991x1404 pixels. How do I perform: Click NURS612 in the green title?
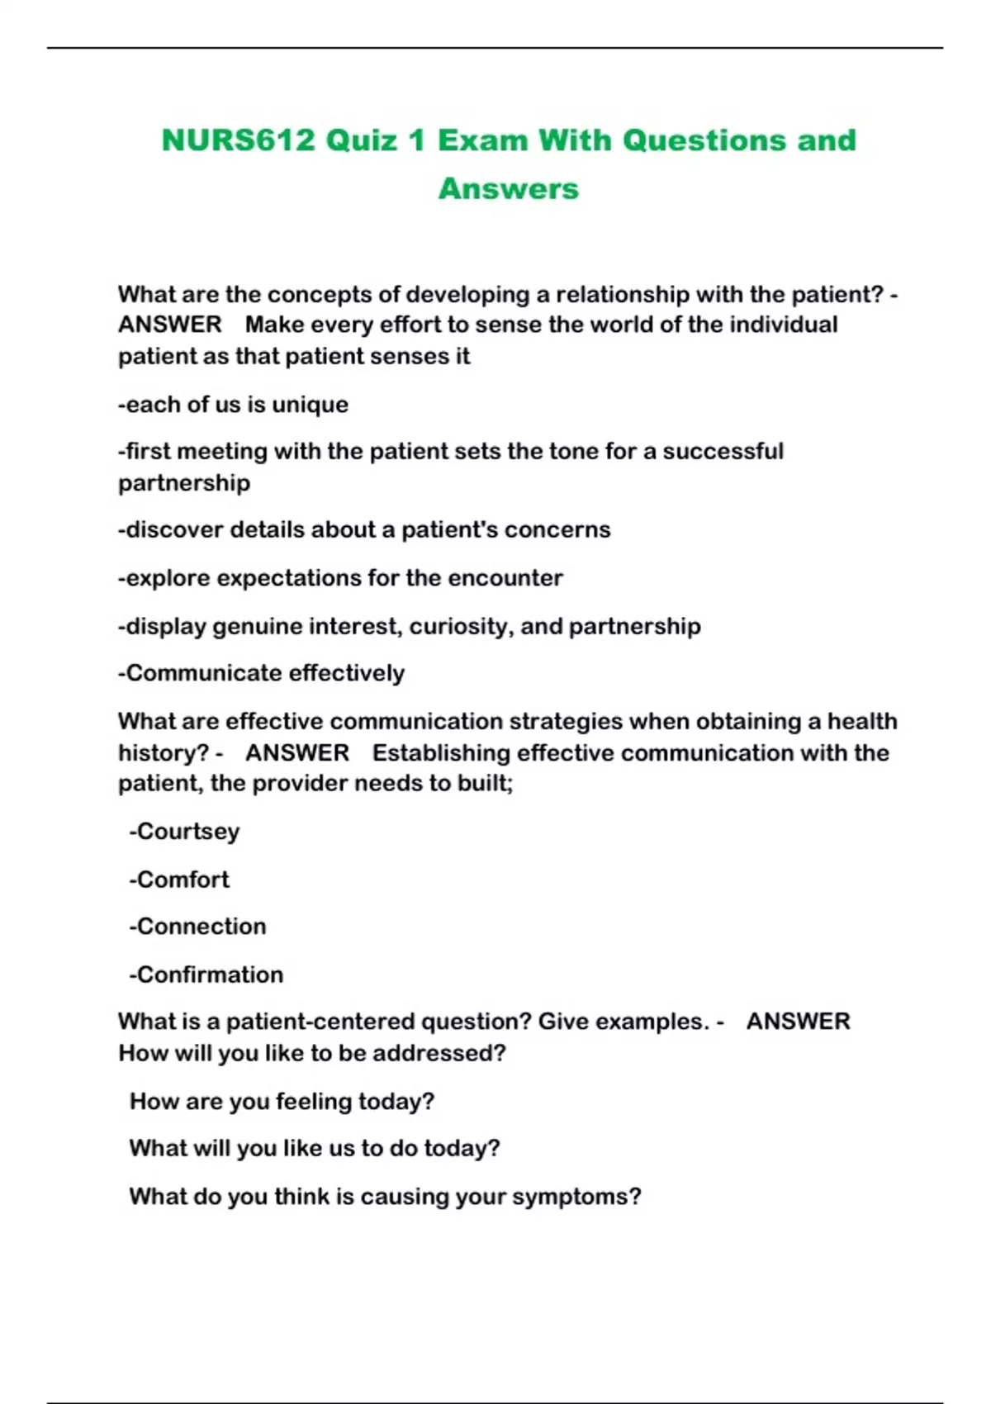[239, 140]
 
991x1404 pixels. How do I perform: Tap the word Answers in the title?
[508, 188]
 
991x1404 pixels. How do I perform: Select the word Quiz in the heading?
[362, 140]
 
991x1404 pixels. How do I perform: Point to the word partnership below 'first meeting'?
[183, 483]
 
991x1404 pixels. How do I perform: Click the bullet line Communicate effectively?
[262, 674]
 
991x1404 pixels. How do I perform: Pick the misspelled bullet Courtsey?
[185, 832]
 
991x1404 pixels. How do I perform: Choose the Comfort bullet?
[180, 880]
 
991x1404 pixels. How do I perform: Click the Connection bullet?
[198, 927]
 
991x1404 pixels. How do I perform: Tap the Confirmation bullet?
[206, 975]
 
